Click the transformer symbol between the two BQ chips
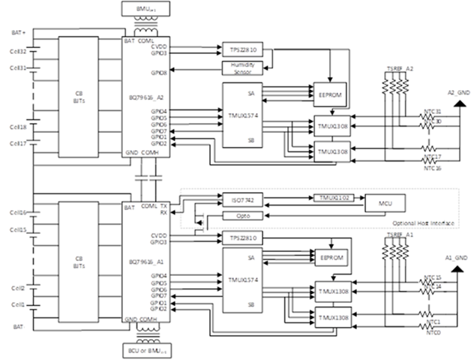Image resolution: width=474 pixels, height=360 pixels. [147, 178]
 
